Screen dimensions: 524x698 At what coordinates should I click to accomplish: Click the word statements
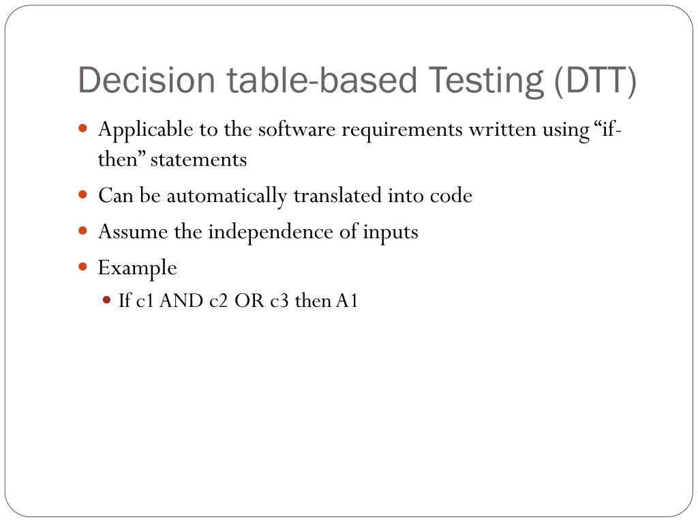[198, 160]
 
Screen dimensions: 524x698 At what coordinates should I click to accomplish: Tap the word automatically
[228, 196]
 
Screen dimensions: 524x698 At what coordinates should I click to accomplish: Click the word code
[451, 196]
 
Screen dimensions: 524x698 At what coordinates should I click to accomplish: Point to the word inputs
[390, 232]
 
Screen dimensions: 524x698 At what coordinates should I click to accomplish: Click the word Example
[138, 268]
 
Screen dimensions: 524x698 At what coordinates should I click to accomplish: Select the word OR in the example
[249, 301]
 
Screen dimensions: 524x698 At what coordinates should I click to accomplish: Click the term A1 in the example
[347, 301]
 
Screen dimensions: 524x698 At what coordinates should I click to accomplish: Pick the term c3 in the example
[280, 301]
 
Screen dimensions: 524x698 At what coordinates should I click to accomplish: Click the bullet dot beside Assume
[83, 231]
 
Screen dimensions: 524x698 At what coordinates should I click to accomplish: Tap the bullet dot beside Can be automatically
[83, 194]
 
